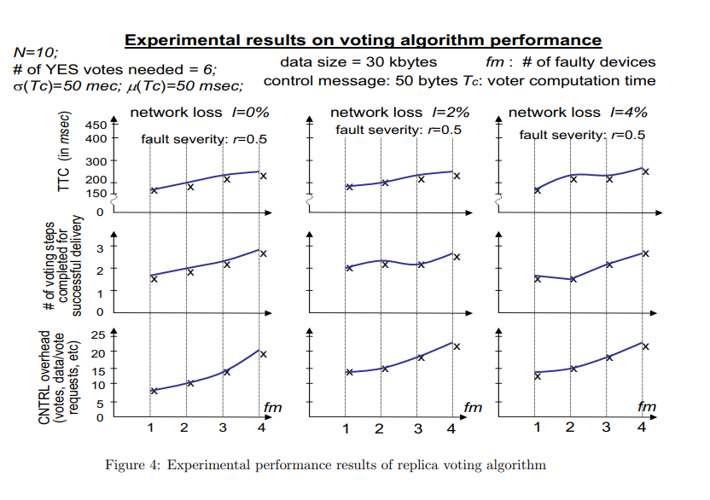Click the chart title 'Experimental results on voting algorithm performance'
tap(364, 40)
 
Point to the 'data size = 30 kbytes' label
tap(358, 62)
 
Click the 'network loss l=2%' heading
tap(397, 113)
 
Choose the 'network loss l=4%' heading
tap(576, 113)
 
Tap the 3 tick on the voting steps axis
tap(99, 248)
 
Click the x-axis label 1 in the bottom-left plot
tap(150, 427)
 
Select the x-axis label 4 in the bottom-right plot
tap(640, 427)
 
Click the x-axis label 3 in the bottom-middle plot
tap(418, 428)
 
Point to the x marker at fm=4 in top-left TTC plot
tap(264, 176)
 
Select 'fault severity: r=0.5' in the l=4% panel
tap(582, 136)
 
